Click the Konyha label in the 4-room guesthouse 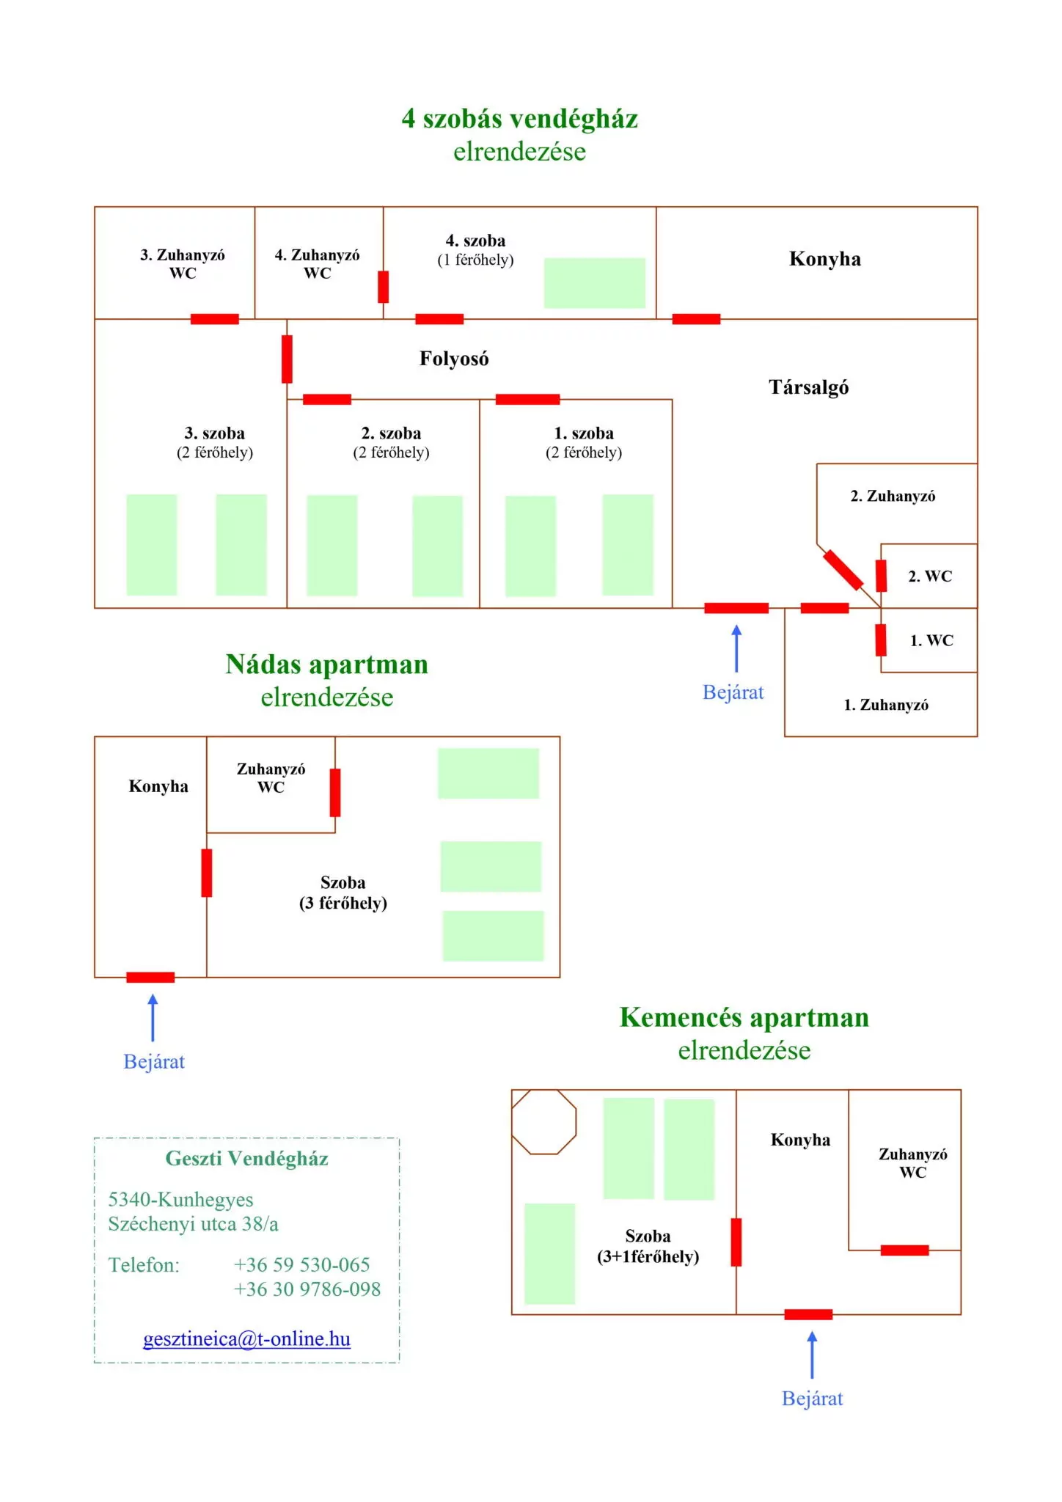pos(825,259)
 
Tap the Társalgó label pos(809,387)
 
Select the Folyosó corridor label pos(454,359)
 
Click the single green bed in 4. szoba pos(594,282)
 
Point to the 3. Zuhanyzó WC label pos(183,264)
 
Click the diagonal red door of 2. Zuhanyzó pos(843,570)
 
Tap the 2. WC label pos(930,576)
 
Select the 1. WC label pos(931,640)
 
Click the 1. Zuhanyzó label pos(886,705)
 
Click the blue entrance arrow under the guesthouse pos(736,648)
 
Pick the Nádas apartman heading pos(327,664)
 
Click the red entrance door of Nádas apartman pos(150,977)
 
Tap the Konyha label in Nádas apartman pos(158,786)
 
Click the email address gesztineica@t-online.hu pos(246,1338)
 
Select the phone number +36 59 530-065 pos(301,1264)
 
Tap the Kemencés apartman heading pos(744,1018)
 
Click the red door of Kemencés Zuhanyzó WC pos(904,1250)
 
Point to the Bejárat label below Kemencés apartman pos(812,1399)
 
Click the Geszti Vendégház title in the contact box pos(246,1159)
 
